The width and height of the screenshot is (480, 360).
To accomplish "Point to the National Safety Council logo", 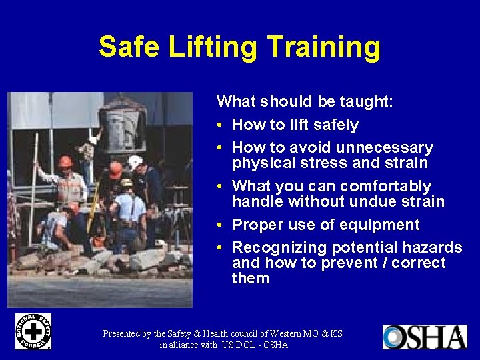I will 33,331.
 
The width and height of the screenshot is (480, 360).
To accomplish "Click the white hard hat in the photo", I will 135,163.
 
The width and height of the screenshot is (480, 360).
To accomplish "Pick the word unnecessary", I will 385,147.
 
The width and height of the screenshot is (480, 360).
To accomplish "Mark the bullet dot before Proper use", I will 221,225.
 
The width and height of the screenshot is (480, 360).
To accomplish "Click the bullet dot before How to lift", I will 221,125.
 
